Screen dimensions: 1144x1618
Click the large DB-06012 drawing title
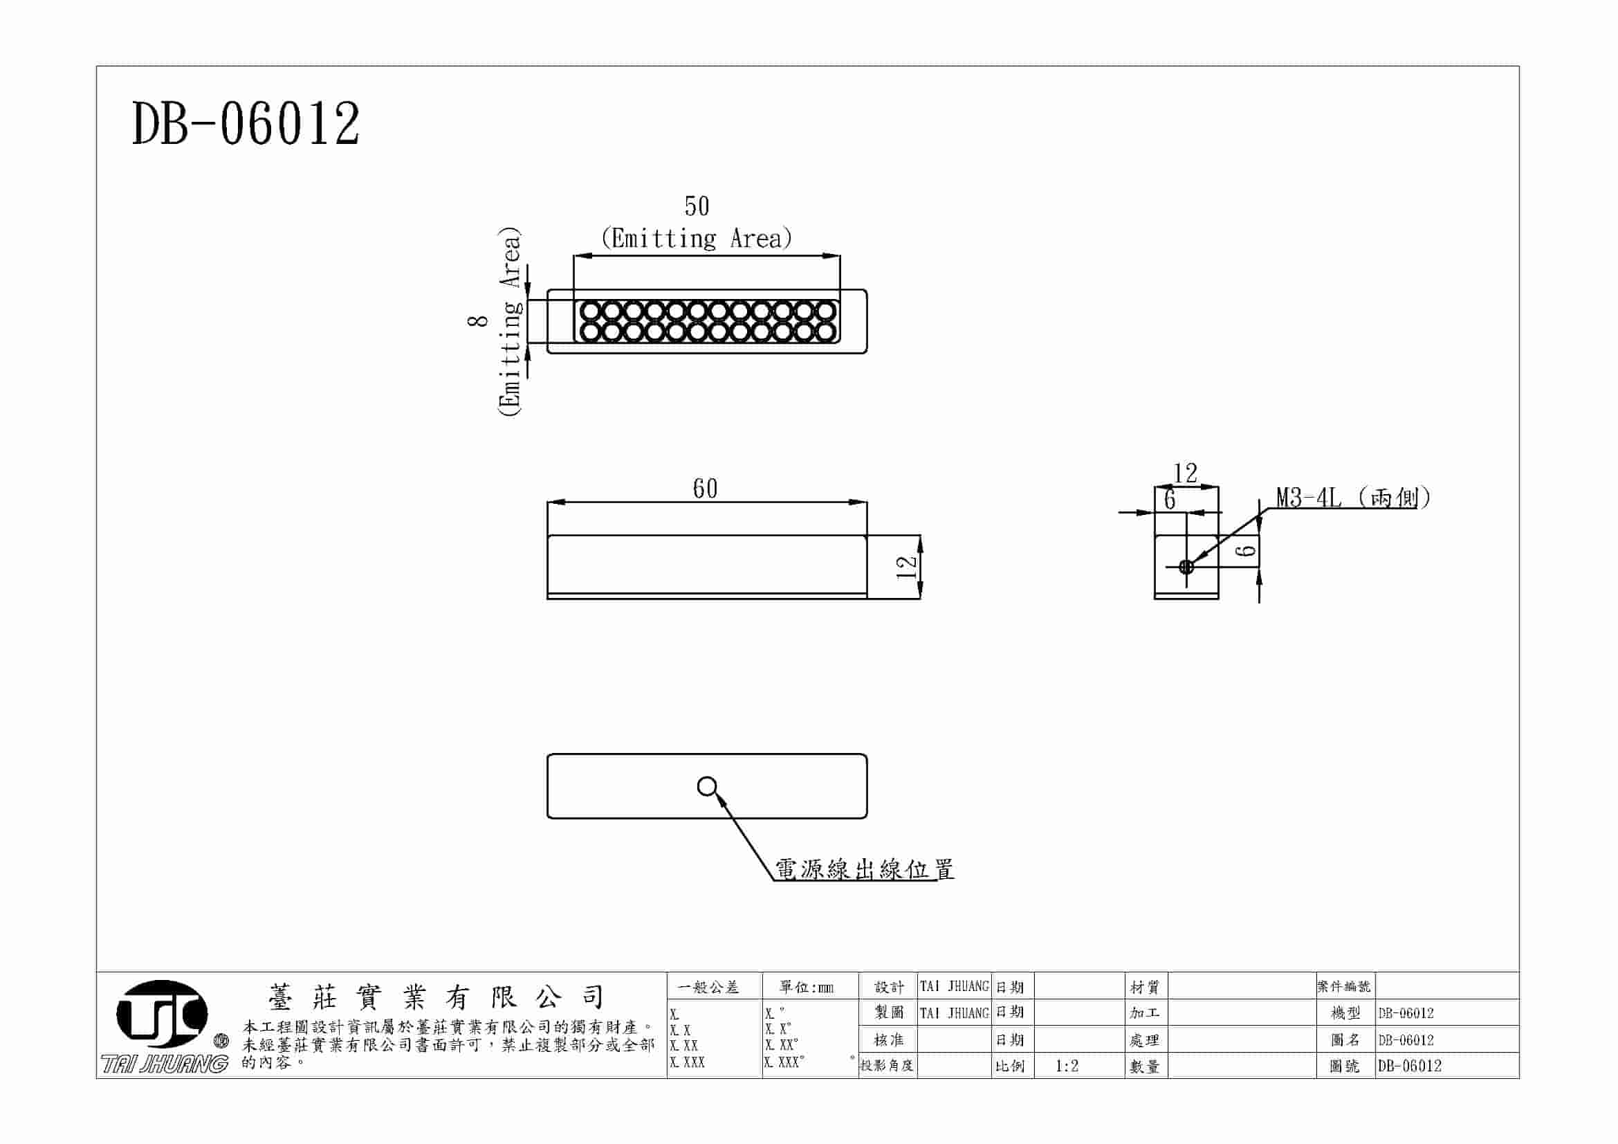(246, 124)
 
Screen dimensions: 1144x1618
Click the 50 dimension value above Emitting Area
(697, 206)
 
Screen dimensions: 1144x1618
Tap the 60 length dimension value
(705, 489)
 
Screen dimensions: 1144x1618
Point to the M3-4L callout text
(1309, 498)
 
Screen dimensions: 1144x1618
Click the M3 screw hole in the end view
(1186, 565)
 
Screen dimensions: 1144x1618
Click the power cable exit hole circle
(706, 786)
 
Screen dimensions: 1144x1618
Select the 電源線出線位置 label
(864, 869)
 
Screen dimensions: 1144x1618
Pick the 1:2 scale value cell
(1067, 1066)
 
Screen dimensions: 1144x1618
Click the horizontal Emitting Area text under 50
(697, 239)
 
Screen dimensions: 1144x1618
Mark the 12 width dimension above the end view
(1186, 472)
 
